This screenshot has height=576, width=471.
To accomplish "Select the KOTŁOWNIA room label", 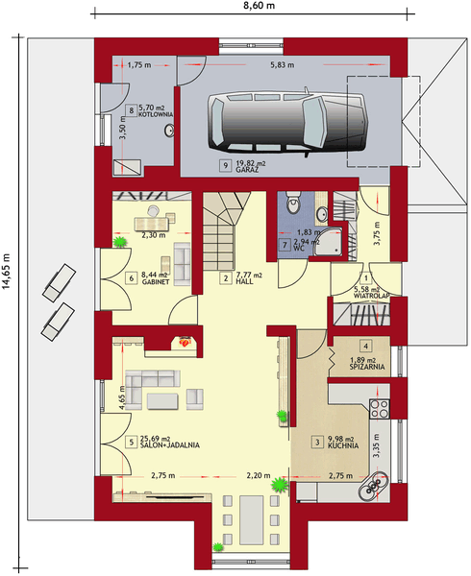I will click(155, 115).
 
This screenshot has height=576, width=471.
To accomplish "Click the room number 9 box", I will click(225, 165).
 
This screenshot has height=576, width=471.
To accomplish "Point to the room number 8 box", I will click(130, 110).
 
